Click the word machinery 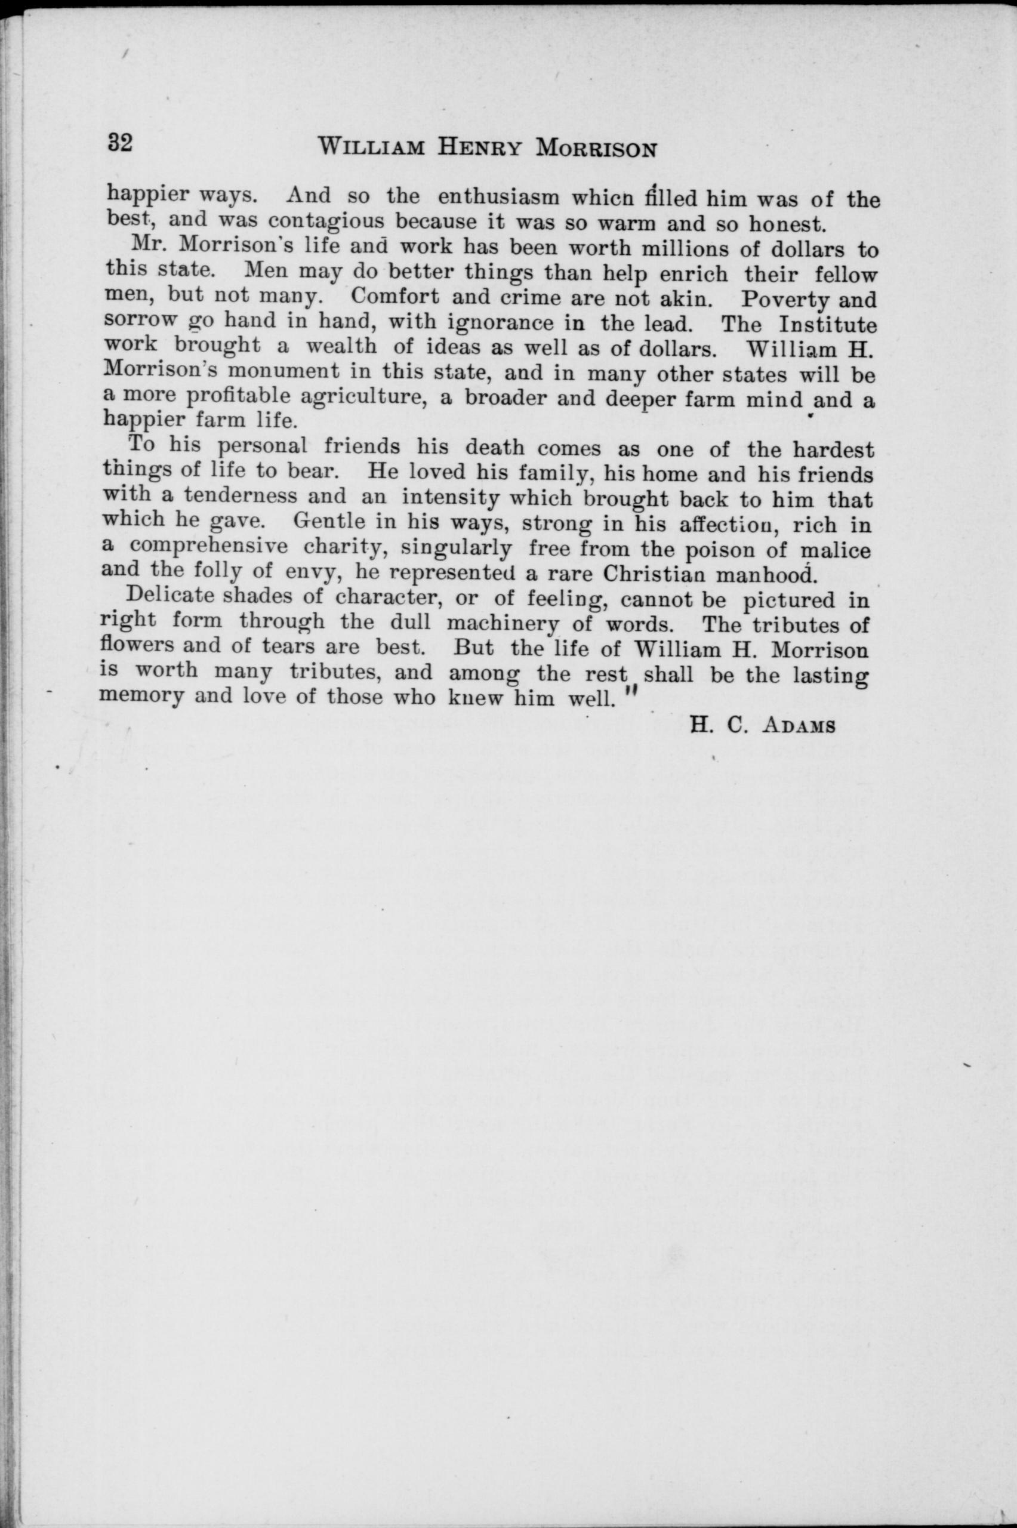click(x=503, y=623)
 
